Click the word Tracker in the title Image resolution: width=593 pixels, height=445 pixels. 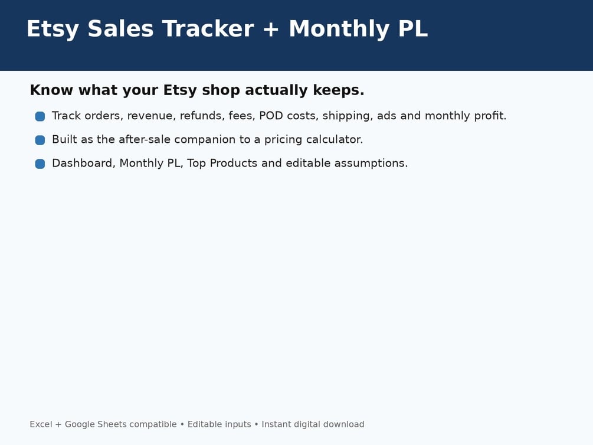click(x=208, y=29)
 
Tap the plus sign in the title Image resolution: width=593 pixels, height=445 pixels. click(x=271, y=29)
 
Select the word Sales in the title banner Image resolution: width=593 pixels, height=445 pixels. click(x=120, y=29)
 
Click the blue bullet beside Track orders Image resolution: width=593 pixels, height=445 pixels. click(x=40, y=116)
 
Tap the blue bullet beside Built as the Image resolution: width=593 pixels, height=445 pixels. click(x=40, y=140)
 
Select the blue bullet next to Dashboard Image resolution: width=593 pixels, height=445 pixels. click(x=40, y=164)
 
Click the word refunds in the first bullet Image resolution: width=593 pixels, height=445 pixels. click(x=202, y=116)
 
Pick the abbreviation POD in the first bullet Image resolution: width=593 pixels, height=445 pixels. click(x=271, y=116)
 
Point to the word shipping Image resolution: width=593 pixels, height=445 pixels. click(x=348, y=116)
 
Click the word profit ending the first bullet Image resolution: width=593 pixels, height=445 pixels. click(x=490, y=116)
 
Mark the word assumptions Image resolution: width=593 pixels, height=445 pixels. click(x=371, y=163)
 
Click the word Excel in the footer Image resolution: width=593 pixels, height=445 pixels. click(x=41, y=424)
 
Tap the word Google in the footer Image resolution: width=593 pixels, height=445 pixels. click(x=80, y=424)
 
